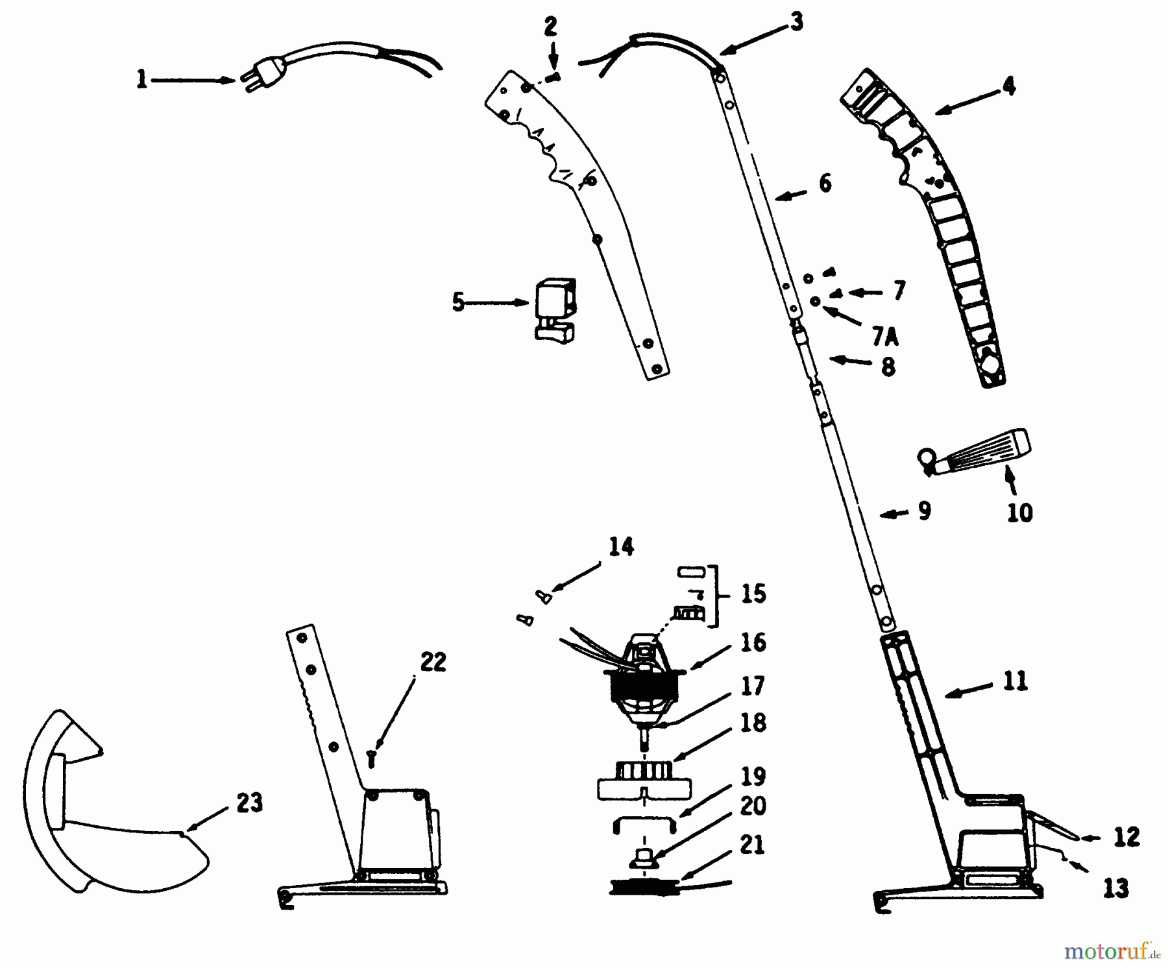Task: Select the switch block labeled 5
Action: click(x=555, y=309)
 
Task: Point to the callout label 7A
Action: click(x=885, y=337)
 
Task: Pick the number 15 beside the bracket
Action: click(x=753, y=594)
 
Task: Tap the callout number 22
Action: click(x=433, y=662)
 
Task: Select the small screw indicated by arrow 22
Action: click(x=371, y=758)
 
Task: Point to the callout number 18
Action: click(x=753, y=722)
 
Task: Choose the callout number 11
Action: click(x=1016, y=681)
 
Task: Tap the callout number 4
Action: click(x=1009, y=86)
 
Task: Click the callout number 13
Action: click(x=1115, y=888)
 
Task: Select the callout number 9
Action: click(x=925, y=511)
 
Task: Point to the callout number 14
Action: click(x=621, y=547)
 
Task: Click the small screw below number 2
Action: click(x=554, y=77)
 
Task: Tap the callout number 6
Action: click(x=825, y=183)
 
